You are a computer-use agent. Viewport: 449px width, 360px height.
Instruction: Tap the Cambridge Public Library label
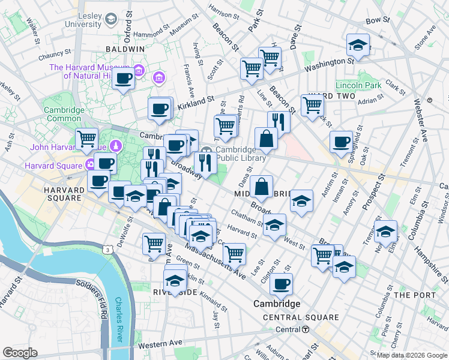(x=240, y=154)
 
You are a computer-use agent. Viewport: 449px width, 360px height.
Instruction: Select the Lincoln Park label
(x=359, y=86)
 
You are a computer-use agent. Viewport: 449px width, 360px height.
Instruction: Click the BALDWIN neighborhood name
(x=125, y=49)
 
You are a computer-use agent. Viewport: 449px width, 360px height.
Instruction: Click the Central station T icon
(x=306, y=329)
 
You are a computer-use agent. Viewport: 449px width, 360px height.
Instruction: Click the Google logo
(x=20, y=353)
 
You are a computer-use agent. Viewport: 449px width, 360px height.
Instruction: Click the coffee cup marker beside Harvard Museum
(x=124, y=79)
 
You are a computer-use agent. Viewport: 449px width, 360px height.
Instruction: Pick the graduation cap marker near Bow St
(x=358, y=45)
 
